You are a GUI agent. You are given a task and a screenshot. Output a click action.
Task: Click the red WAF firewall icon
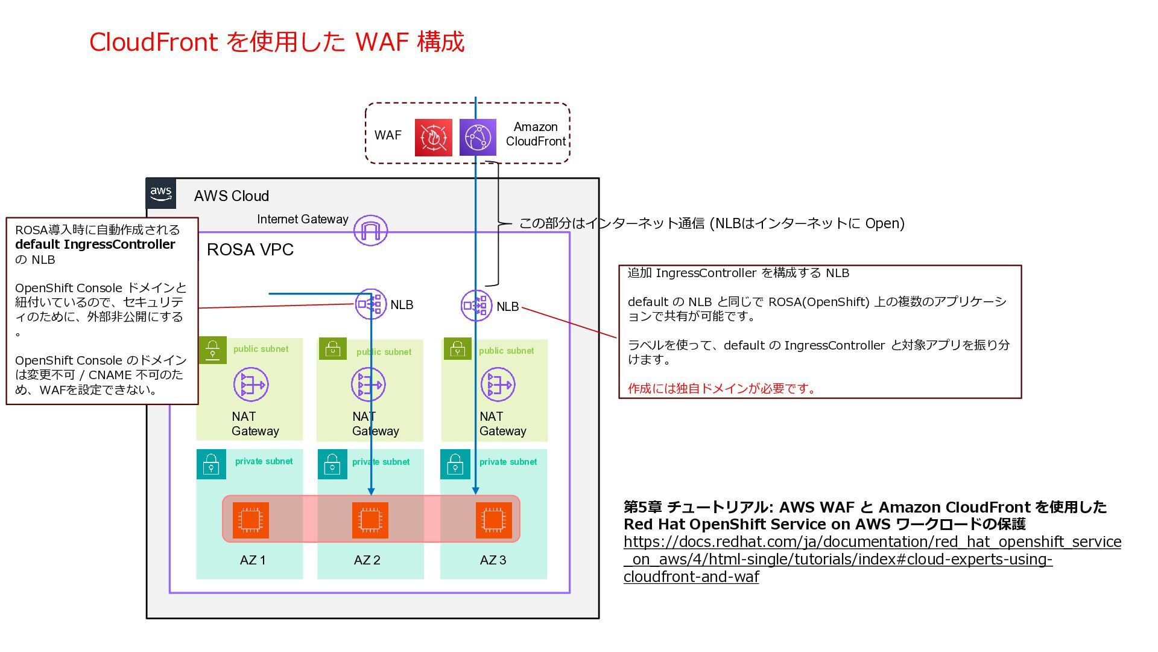tap(433, 138)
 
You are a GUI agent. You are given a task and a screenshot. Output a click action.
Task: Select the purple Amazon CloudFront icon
tap(478, 138)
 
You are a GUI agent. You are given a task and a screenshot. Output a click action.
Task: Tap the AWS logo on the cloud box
tap(161, 194)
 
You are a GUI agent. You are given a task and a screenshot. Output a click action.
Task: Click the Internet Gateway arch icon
tap(370, 230)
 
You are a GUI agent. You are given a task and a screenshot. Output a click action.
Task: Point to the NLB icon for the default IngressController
tap(370, 304)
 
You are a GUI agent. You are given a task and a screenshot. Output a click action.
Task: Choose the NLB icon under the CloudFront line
tap(476, 306)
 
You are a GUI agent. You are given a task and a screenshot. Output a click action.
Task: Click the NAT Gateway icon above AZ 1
tap(250, 385)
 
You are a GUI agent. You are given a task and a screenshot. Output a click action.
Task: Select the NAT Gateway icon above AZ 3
tap(498, 385)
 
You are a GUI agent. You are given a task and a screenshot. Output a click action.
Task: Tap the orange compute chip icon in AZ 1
tap(250, 520)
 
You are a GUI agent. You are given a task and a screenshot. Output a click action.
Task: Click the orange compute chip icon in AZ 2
tap(370, 520)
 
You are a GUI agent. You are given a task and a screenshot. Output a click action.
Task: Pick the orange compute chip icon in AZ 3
tap(493, 520)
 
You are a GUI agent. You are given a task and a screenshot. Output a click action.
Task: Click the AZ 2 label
tap(367, 560)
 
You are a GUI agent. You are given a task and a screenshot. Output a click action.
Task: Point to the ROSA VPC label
tap(250, 250)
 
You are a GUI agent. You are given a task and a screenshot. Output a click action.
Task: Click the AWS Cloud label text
tap(231, 196)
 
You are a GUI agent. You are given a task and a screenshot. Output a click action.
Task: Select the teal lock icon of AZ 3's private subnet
tap(455, 464)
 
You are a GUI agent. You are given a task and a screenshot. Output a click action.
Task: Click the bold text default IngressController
tap(95, 245)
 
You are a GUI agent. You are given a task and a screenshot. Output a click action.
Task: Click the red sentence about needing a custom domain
tap(721, 388)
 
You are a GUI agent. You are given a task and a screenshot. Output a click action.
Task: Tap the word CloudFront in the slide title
tap(153, 42)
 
